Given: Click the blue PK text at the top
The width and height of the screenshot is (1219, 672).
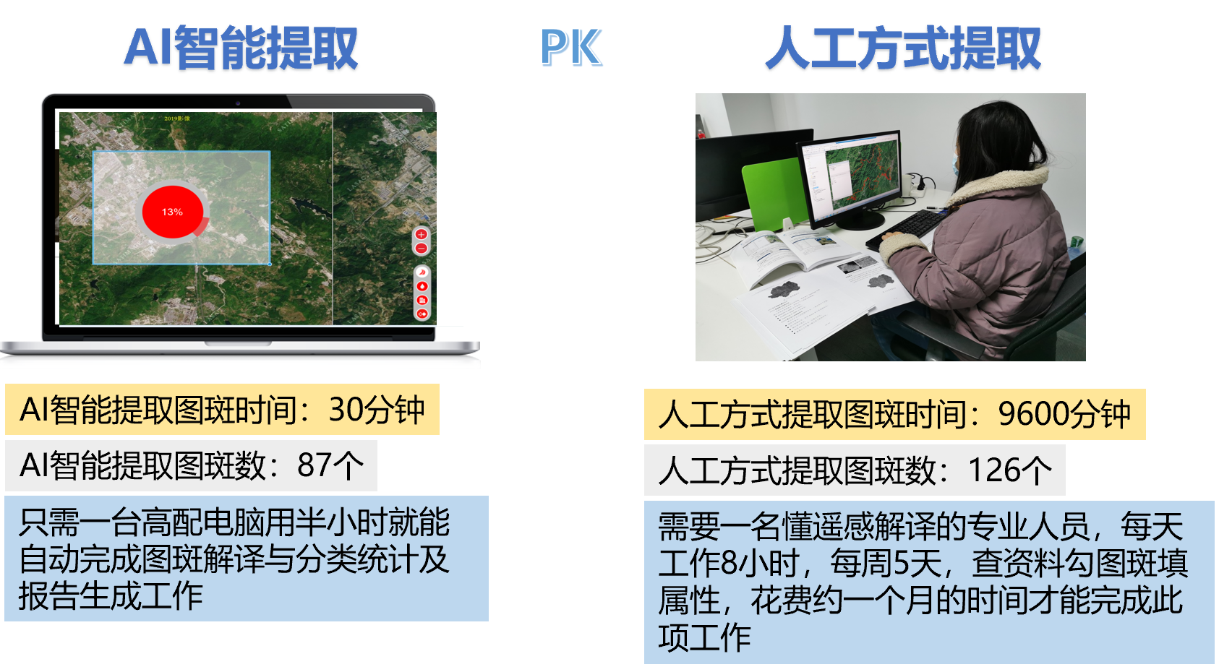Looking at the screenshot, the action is pyautogui.click(x=571, y=47).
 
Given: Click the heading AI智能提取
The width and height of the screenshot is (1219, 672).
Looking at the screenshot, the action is pyautogui.click(x=241, y=48).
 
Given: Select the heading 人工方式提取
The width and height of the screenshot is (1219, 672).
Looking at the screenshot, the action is pyautogui.click(x=903, y=48).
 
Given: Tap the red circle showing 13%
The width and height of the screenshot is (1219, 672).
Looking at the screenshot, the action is pyautogui.click(x=173, y=212).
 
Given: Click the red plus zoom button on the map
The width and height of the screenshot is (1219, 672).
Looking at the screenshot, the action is pyautogui.click(x=422, y=234).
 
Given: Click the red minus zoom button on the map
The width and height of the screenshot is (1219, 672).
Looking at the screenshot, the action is pyautogui.click(x=422, y=249).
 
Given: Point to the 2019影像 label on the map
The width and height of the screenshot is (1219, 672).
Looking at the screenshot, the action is pyautogui.click(x=177, y=118).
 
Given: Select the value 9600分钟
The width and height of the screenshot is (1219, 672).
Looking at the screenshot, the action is pyautogui.click(x=1064, y=414).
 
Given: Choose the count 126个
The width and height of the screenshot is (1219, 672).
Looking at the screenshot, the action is pyautogui.click(x=1009, y=470).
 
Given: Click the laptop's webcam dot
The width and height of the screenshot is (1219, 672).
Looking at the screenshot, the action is pyautogui.click(x=238, y=103).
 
